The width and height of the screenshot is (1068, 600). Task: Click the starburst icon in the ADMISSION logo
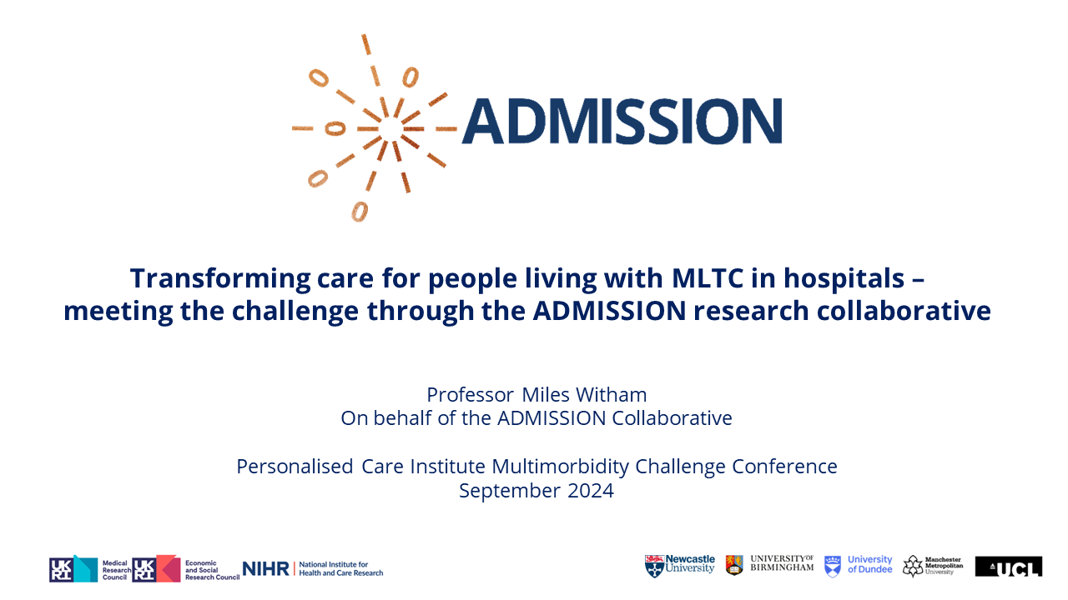click(x=375, y=127)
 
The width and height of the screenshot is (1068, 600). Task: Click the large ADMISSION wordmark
click(x=622, y=122)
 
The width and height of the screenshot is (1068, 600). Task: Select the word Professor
click(x=470, y=394)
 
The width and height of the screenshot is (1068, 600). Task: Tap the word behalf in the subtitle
click(x=404, y=417)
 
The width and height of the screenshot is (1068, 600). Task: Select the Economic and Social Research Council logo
click(x=185, y=569)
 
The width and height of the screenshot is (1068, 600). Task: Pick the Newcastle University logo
click(x=680, y=565)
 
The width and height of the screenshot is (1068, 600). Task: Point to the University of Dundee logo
click(x=858, y=565)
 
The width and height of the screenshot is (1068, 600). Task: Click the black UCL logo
click(x=1008, y=567)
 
